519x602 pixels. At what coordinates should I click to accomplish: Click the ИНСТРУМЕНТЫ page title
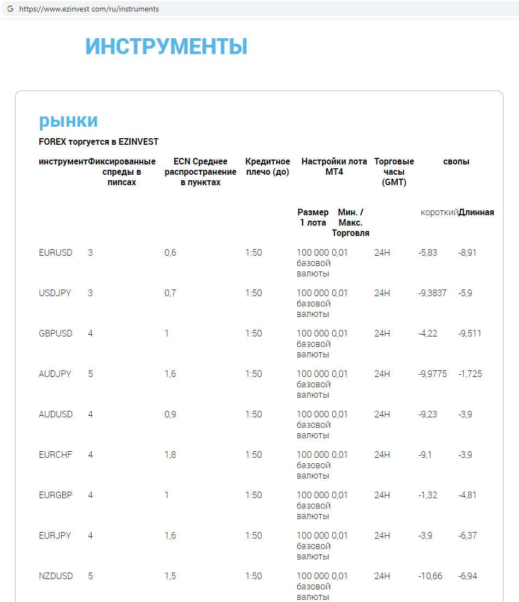point(166,47)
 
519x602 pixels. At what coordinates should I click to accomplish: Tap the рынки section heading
point(68,121)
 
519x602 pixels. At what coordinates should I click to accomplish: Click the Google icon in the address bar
point(10,9)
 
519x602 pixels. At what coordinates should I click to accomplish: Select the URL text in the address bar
point(89,9)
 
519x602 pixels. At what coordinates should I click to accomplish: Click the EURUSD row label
point(55,253)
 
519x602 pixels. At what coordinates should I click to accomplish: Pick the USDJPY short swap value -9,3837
point(432,293)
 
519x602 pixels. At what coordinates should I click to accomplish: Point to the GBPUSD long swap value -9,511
point(470,334)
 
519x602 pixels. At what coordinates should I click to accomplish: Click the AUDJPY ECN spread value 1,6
point(170,374)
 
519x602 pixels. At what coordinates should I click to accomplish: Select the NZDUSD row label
point(55,576)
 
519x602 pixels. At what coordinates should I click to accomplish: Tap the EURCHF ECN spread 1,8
point(170,455)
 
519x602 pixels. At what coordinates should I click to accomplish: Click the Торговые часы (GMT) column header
point(394,172)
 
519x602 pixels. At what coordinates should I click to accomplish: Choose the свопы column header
point(456,162)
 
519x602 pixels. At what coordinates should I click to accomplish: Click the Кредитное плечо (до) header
point(268,167)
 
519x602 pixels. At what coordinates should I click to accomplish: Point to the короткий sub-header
point(439,213)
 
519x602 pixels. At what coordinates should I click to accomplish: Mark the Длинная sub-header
point(476,213)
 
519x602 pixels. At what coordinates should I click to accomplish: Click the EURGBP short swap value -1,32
point(428,495)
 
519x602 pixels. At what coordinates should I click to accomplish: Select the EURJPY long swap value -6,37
point(468,536)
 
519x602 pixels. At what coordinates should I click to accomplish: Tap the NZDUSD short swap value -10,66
point(430,576)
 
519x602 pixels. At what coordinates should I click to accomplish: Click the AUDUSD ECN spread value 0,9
point(170,415)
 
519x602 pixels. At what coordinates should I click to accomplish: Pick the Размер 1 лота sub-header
point(313,217)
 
